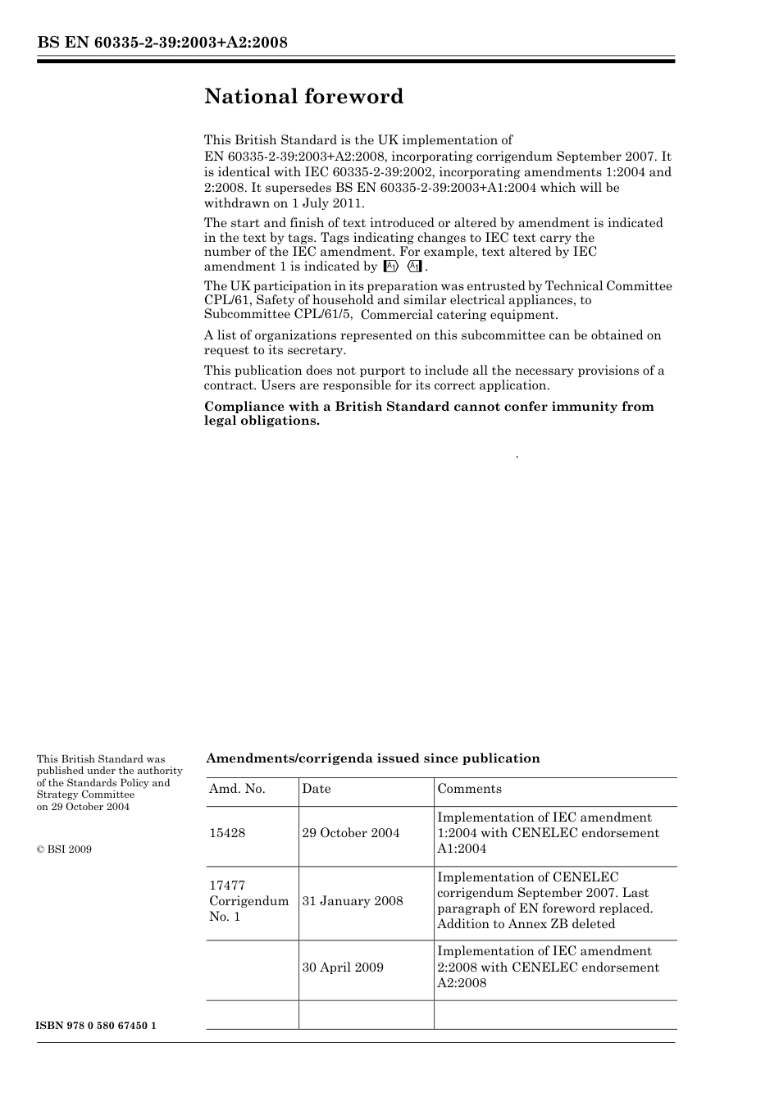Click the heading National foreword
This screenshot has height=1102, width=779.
[303, 97]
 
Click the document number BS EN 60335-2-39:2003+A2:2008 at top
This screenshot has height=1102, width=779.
[162, 43]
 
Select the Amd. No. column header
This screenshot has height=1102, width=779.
[237, 789]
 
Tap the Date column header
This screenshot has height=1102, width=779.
[317, 789]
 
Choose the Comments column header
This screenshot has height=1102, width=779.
[469, 789]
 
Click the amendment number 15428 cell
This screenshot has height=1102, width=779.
[227, 833]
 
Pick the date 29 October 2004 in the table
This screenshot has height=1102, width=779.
[351, 833]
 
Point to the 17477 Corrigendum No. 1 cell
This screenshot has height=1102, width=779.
[248, 901]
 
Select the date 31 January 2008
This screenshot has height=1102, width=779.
[353, 901]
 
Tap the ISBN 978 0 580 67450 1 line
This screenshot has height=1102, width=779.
[97, 1027]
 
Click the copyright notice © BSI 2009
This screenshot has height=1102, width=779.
[64, 849]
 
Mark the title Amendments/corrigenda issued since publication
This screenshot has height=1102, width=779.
[372, 758]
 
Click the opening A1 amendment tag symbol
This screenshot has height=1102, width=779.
[391, 266]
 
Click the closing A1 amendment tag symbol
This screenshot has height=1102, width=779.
[414, 266]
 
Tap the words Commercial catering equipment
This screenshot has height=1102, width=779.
[459, 315]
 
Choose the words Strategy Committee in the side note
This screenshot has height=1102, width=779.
[85, 795]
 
